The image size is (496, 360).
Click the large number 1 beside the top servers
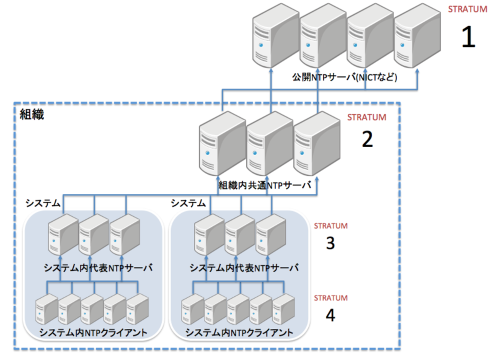pyautogui.click(x=468, y=38)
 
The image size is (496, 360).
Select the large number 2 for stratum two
pyautogui.click(x=367, y=140)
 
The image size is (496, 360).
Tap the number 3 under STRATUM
pyautogui.click(x=330, y=243)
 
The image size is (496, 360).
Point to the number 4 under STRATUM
pyautogui.click(x=330, y=315)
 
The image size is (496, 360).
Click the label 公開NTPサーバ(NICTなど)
pyautogui.click(x=345, y=77)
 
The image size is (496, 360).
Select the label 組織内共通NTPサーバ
pyautogui.click(x=264, y=185)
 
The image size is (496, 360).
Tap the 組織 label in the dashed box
pyautogui.click(x=32, y=114)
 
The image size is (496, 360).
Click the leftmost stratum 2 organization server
pyautogui.click(x=221, y=144)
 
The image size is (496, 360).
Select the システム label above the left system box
pyautogui.click(x=43, y=203)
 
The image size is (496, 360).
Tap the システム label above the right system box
pyautogui.click(x=188, y=203)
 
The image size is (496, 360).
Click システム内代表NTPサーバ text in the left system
pyautogui.click(x=98, y=268)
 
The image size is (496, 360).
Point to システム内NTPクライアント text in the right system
pyautogui.click(x=239, y=333)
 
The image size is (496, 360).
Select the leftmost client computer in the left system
pyautogui.click(x=46, y=309)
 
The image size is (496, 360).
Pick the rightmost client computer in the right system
pyautogui.click(x=283, y=309)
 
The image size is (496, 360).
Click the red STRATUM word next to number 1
pyautogui.click(x=467, y=9)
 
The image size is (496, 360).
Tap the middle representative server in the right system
pyautogui.click(x=240, y=234)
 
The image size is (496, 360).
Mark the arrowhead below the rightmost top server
pyautogui.click(x=417, y=71)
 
